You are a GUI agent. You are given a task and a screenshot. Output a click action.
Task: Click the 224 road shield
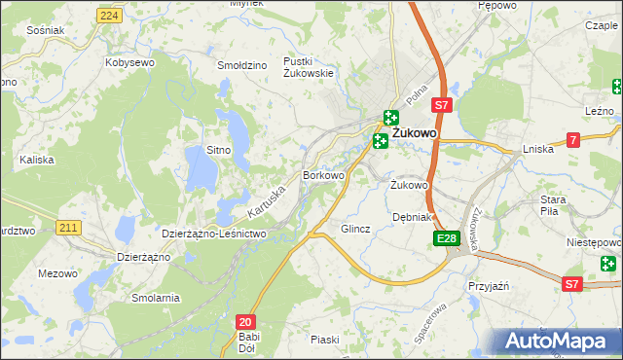coord(110,17)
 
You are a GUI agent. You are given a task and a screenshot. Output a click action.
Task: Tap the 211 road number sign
coord(67,228)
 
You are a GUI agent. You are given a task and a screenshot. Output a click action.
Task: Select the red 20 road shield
coord(246,320)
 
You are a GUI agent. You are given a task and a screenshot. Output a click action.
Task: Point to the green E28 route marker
coord(447,238)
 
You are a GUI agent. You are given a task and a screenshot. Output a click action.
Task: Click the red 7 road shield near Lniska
coord(573,141)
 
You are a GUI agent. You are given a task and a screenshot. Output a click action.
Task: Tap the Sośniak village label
coord(46,30)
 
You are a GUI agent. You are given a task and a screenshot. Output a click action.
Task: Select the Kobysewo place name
coord(130,62)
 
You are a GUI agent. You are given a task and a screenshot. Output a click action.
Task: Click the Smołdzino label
coord(242,65)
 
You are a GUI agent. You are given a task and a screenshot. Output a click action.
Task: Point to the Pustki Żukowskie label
coord(309,66)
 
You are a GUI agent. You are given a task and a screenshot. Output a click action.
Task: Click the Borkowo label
coord(324,176)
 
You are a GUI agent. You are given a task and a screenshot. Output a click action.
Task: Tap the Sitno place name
coord(218,150)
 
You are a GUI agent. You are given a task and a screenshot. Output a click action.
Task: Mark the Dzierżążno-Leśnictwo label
coord(213,234)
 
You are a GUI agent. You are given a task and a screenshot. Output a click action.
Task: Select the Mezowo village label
coord(57,273)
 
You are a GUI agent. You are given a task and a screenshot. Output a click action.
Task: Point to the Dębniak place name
coord(411,217)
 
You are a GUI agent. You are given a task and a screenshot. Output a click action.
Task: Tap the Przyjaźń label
coord(490,288)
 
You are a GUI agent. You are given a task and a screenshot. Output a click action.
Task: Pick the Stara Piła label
coord(554,204)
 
